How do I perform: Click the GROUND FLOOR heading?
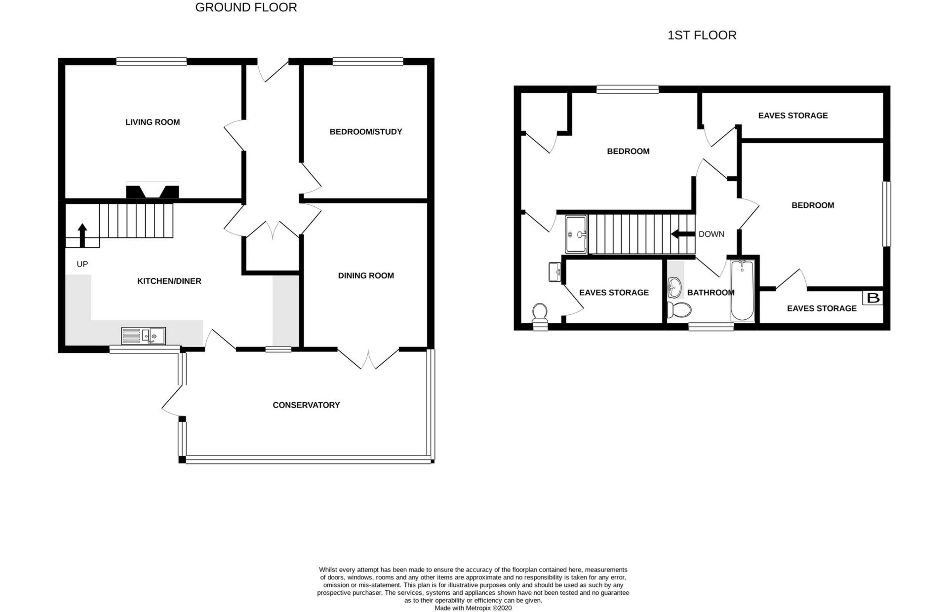click(x=246, y=7)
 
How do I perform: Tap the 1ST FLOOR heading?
click(x=702, y=35)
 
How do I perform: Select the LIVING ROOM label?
click(x=153, y=122)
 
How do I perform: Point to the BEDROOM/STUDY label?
click(x=366, y=132)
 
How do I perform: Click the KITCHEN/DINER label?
click(x=169, y=281)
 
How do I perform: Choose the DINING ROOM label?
click(x=366, y=276)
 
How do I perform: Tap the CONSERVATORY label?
click(x=306, y=405)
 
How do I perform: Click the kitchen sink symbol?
click(x=144, y=336)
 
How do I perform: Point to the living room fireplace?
click(x=153, y=190)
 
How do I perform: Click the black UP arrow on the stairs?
click(x=82, y=235)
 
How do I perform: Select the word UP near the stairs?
click(x=82, y=264)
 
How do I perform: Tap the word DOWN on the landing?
click(x=711, y=234)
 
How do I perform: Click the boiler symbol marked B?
click(x=873, y=298)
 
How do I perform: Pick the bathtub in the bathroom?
click(x=742, y=290)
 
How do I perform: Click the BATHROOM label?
click(x=711, y=293)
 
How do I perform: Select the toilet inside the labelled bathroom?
click(x=679, y=310)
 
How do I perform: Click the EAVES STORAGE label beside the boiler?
click(x=822, y=308)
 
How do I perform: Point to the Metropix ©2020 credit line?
click(x=473, y=608)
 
